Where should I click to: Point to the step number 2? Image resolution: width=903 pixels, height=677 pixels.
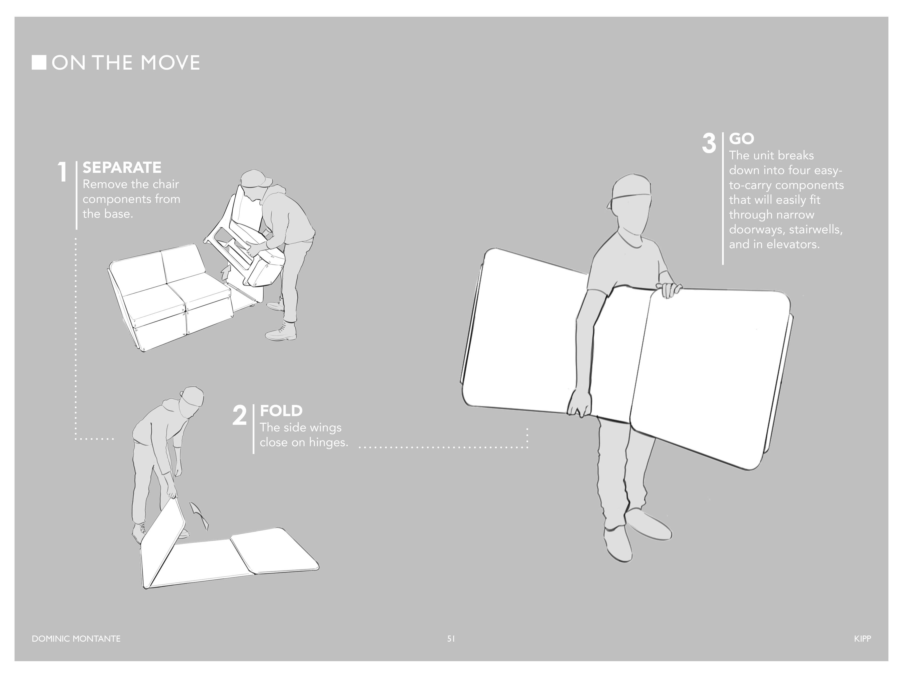[x=240, y=415]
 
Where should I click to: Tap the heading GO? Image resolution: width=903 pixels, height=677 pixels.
[x=741, y=139]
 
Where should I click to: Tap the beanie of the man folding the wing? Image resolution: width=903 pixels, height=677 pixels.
[x=192, y=395]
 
